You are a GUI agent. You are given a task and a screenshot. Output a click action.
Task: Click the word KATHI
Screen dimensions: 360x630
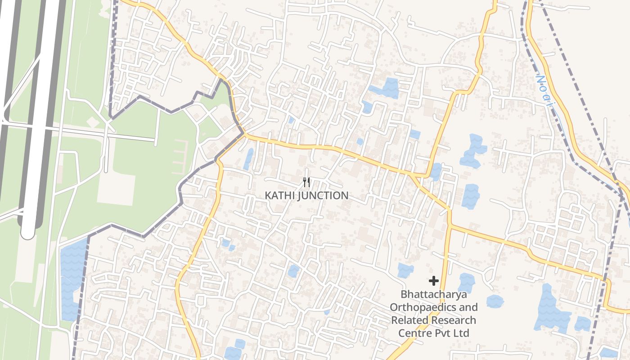tap(277, 196)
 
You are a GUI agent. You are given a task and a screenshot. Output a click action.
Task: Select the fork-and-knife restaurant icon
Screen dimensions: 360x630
tap(306, 182)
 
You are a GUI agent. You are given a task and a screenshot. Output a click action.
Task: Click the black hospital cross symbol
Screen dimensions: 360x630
tap(434, 281)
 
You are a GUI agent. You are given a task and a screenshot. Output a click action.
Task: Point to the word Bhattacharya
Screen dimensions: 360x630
tap(434, 295)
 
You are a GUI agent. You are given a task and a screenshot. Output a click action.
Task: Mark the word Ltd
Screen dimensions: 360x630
tap(461, 333)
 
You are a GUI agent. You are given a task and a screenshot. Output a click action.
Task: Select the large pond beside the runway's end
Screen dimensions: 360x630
tap(72, 279)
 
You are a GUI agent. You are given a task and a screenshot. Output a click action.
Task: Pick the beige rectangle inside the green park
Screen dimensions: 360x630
tap(116, 189)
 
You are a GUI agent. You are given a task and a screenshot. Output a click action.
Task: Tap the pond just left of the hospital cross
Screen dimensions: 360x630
tap(405, 270)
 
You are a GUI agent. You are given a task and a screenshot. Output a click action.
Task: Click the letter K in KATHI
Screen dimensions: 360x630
tap(268, 196)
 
